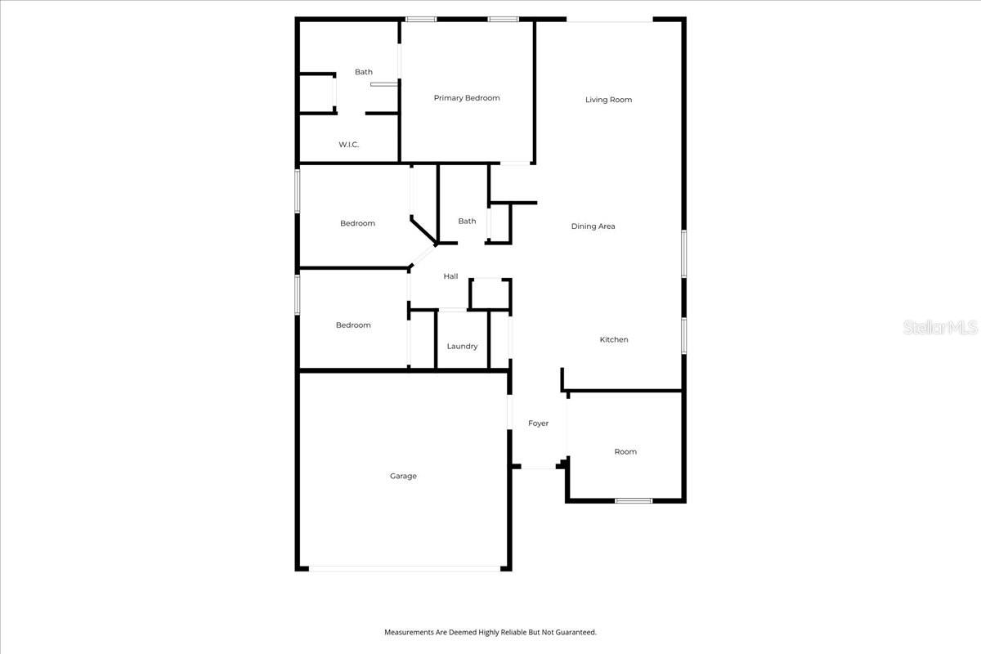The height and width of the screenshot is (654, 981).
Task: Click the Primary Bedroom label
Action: click(x=466, y=98)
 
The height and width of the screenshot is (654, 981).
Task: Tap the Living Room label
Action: click(x=608, y=100)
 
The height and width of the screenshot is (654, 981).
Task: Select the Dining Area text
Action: click(x=593, y=226)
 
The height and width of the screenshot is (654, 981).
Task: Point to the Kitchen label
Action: click(x=614, y=339)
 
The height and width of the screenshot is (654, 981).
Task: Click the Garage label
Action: click(x=403, y=476)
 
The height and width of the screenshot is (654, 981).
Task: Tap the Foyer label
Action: click(x=538, y=423)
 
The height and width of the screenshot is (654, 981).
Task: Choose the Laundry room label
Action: click(x=462, y=347)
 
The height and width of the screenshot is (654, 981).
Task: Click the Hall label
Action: click(x=450, y=276)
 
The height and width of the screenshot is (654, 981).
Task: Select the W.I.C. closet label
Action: click(x=349, y=145)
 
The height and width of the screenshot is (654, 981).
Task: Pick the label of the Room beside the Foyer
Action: click(x=625, y=452)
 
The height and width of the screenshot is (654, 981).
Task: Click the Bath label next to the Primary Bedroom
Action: click(x=364, y=72)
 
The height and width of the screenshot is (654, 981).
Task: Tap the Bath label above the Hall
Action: click(x=467, y=221)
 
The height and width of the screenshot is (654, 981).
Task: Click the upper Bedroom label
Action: click(x=357, y=223)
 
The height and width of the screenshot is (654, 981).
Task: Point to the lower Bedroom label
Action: click(x=353, y=325)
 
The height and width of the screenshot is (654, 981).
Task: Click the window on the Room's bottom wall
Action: click(x=634, y=500)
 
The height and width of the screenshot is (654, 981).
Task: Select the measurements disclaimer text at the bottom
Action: click(x=490, y=632)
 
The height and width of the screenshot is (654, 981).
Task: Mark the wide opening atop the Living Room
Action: click(x=610, y=20)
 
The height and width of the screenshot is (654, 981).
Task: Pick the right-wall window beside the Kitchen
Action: click(x=683, y=335)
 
